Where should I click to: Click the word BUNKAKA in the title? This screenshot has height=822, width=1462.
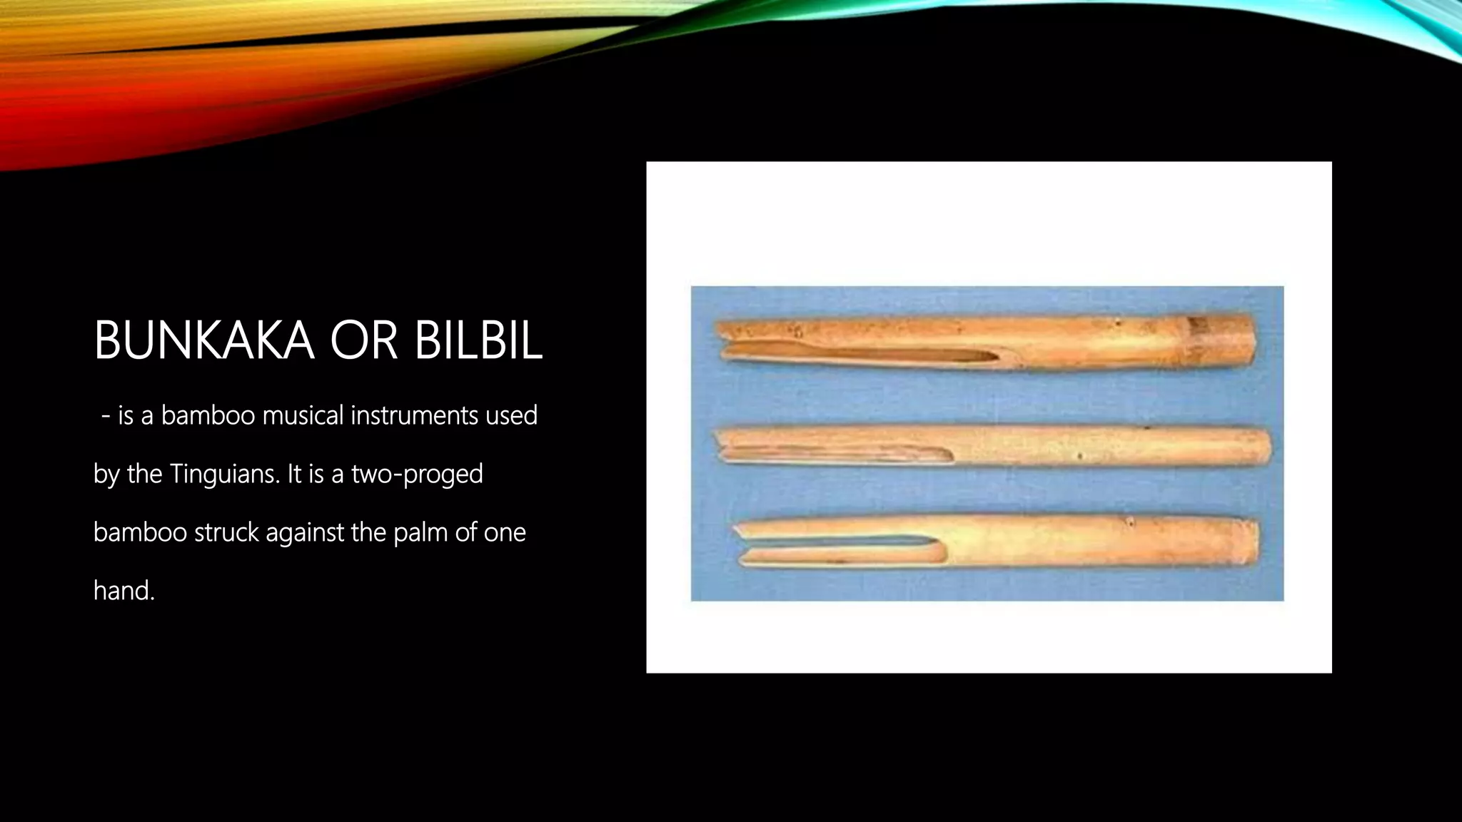click(x=203, y=341)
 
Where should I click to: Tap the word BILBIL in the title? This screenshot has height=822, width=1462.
click(x=478, y=341)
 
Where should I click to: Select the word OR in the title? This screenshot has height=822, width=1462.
click(x=364, y=341)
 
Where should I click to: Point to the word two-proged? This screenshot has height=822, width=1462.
click(x=417, y=474)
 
